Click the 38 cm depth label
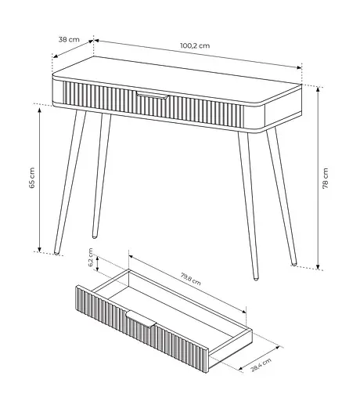[69, 40]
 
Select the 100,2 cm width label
[195, 45]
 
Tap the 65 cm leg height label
[31, 178]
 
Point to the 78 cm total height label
[326, 179]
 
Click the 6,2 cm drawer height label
[91, 258]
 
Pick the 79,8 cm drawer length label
[191, 279]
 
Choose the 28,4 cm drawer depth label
[261, 365]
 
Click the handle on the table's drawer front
[153, 95]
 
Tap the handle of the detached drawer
[141, 319]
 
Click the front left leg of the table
[70, 182]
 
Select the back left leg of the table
[101, 175]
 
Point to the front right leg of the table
[248, 205]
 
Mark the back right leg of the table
[281, 197]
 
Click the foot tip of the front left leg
[56, 253]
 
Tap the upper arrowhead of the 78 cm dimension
[318, 89]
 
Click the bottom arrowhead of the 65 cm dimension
[39, 249]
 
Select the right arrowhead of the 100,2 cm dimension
[300, 67]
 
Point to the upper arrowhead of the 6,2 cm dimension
[97, 258]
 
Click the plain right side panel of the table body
[283, 107]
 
